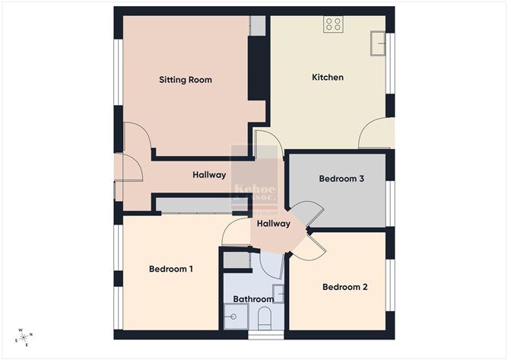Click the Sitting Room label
click(x=185, y=79)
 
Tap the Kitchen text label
click(x=328, y=77)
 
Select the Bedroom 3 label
click(x=341, y=179)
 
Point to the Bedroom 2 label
click(x=344, y=287)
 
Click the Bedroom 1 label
click(x=170, y=269)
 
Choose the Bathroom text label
click(x=253, y=299)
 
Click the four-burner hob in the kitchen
click(x=333, y=24)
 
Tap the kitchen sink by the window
click(x=378, y=44)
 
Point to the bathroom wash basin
click(x=278, y=294)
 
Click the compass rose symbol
click(x=24, y=337)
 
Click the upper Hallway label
click(x=209, y=175)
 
